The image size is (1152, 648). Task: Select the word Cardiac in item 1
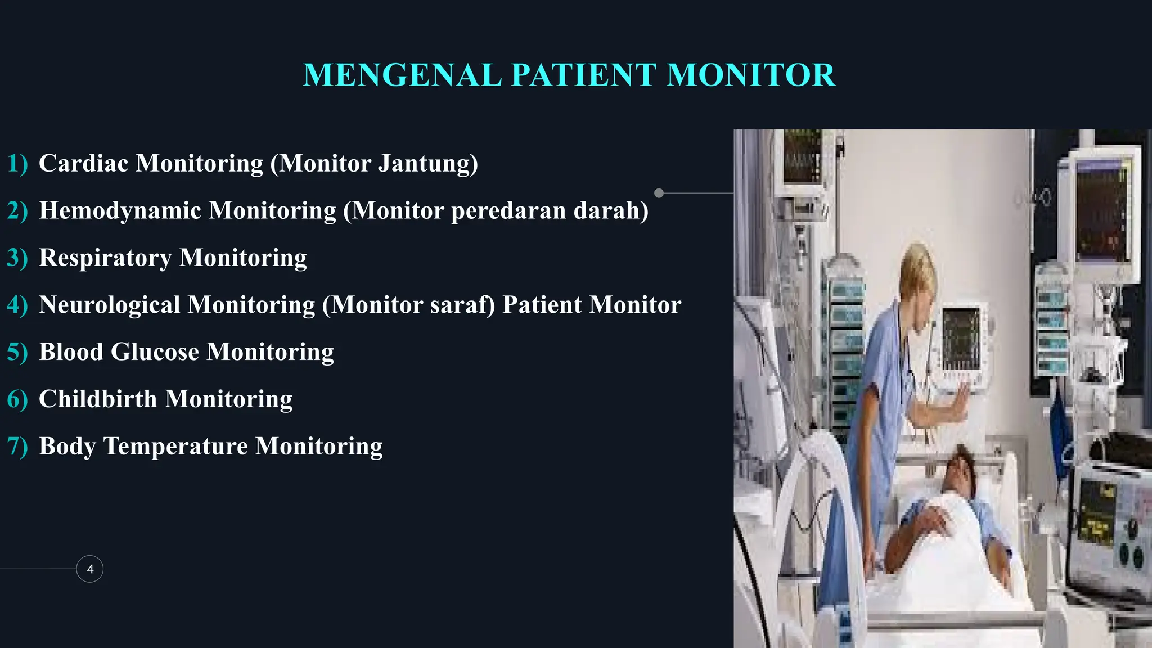(x=83, y=163)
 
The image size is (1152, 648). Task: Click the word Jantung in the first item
(x=427, y=163)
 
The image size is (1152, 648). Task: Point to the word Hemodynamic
(x=120, y=210)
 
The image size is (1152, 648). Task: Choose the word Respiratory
(x=105, y=258)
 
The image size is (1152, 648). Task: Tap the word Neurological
(x=109, y=305)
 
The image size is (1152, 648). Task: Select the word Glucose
(x=155, y=352)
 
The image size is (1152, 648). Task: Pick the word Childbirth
(x=98, y=399)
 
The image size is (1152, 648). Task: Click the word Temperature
(x=175, y=447)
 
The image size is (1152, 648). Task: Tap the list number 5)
(x=17, y=352)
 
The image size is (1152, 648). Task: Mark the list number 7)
(x=17, y=447)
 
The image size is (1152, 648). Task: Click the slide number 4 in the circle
(x=90, y=569)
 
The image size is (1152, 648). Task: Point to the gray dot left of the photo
(x=659, y=193)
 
